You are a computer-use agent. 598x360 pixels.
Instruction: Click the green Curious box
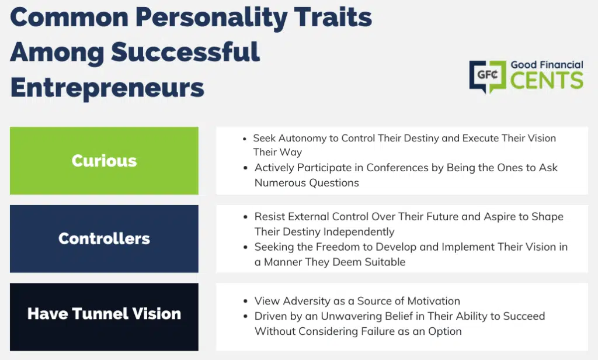point(104,161)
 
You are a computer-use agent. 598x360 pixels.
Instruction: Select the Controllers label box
point(104,238)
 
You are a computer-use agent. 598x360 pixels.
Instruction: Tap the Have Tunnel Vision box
point(104,317)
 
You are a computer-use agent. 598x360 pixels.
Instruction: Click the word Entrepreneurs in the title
point(107,88)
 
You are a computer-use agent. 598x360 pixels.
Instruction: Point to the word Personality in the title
point(211,18)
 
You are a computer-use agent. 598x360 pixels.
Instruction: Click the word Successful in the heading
point(185,52)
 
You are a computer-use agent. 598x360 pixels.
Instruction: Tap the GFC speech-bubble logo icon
point(488,77)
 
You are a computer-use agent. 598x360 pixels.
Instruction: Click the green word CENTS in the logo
point(547,80)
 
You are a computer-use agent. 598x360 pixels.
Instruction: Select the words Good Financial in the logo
point(547,65)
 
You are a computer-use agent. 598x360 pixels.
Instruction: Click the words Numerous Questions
point(307,183)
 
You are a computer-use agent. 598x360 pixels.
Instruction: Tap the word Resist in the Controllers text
point(270,216)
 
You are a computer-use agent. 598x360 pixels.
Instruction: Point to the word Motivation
point(434,301)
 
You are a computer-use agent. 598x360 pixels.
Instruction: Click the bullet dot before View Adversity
point(245,302)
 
